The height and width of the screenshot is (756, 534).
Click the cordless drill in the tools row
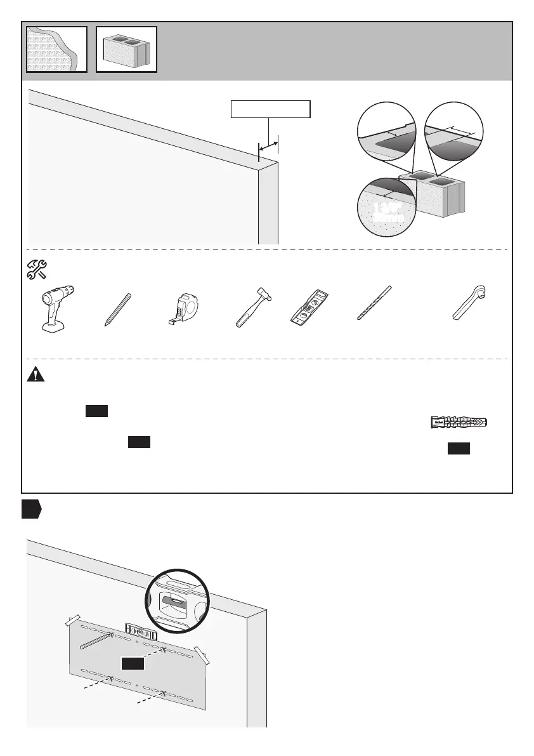coord(58,310)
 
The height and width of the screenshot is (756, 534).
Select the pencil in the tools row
coord(119,310)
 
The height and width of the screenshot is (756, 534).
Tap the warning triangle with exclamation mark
coord(36,375)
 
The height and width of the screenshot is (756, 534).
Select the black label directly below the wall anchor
coord(459,449)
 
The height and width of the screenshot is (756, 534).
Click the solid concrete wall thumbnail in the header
coord(56,49)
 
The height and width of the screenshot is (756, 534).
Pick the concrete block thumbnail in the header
coord(126,49)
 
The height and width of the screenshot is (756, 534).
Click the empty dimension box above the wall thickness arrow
coord(270,110)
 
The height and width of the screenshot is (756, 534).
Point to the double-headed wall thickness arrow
coord(268,145)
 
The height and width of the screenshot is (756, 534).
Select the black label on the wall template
coord(133,663)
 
